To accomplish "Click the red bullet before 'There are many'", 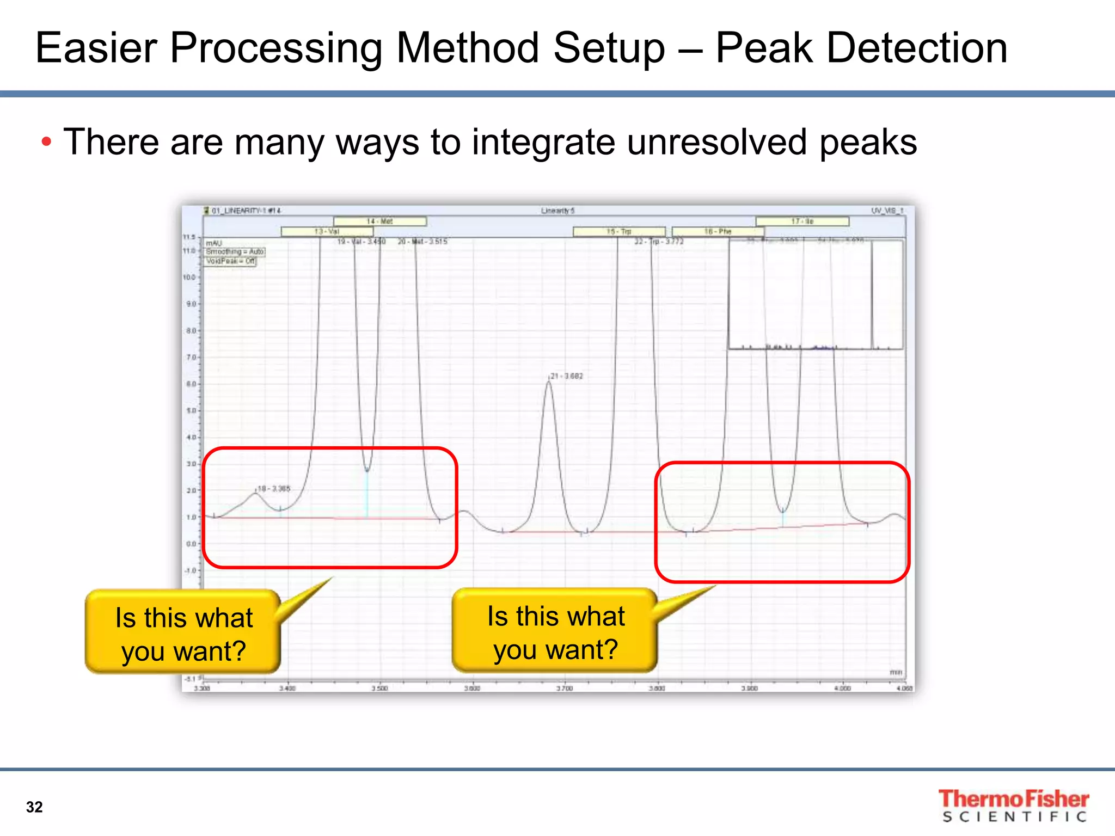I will (46, 143).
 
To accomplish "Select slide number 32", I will (34, 807).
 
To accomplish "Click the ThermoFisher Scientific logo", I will (1013, 806).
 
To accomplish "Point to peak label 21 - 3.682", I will (567, 376).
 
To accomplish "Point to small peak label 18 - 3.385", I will (274, 489).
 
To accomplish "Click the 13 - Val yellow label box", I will (327, 231).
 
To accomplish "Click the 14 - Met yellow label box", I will (379, 222).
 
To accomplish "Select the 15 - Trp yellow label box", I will (619, 231).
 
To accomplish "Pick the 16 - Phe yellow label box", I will (718, 231).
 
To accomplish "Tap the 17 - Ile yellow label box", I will (802, 222).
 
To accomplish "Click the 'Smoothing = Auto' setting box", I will (235, 251).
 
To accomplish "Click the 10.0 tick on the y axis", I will (189, 278).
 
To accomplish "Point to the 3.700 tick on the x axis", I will (565, 689).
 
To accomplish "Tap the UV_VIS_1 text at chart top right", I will (887, 211).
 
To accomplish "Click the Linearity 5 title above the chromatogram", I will (557, 211).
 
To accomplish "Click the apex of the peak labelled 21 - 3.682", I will (549, 382).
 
